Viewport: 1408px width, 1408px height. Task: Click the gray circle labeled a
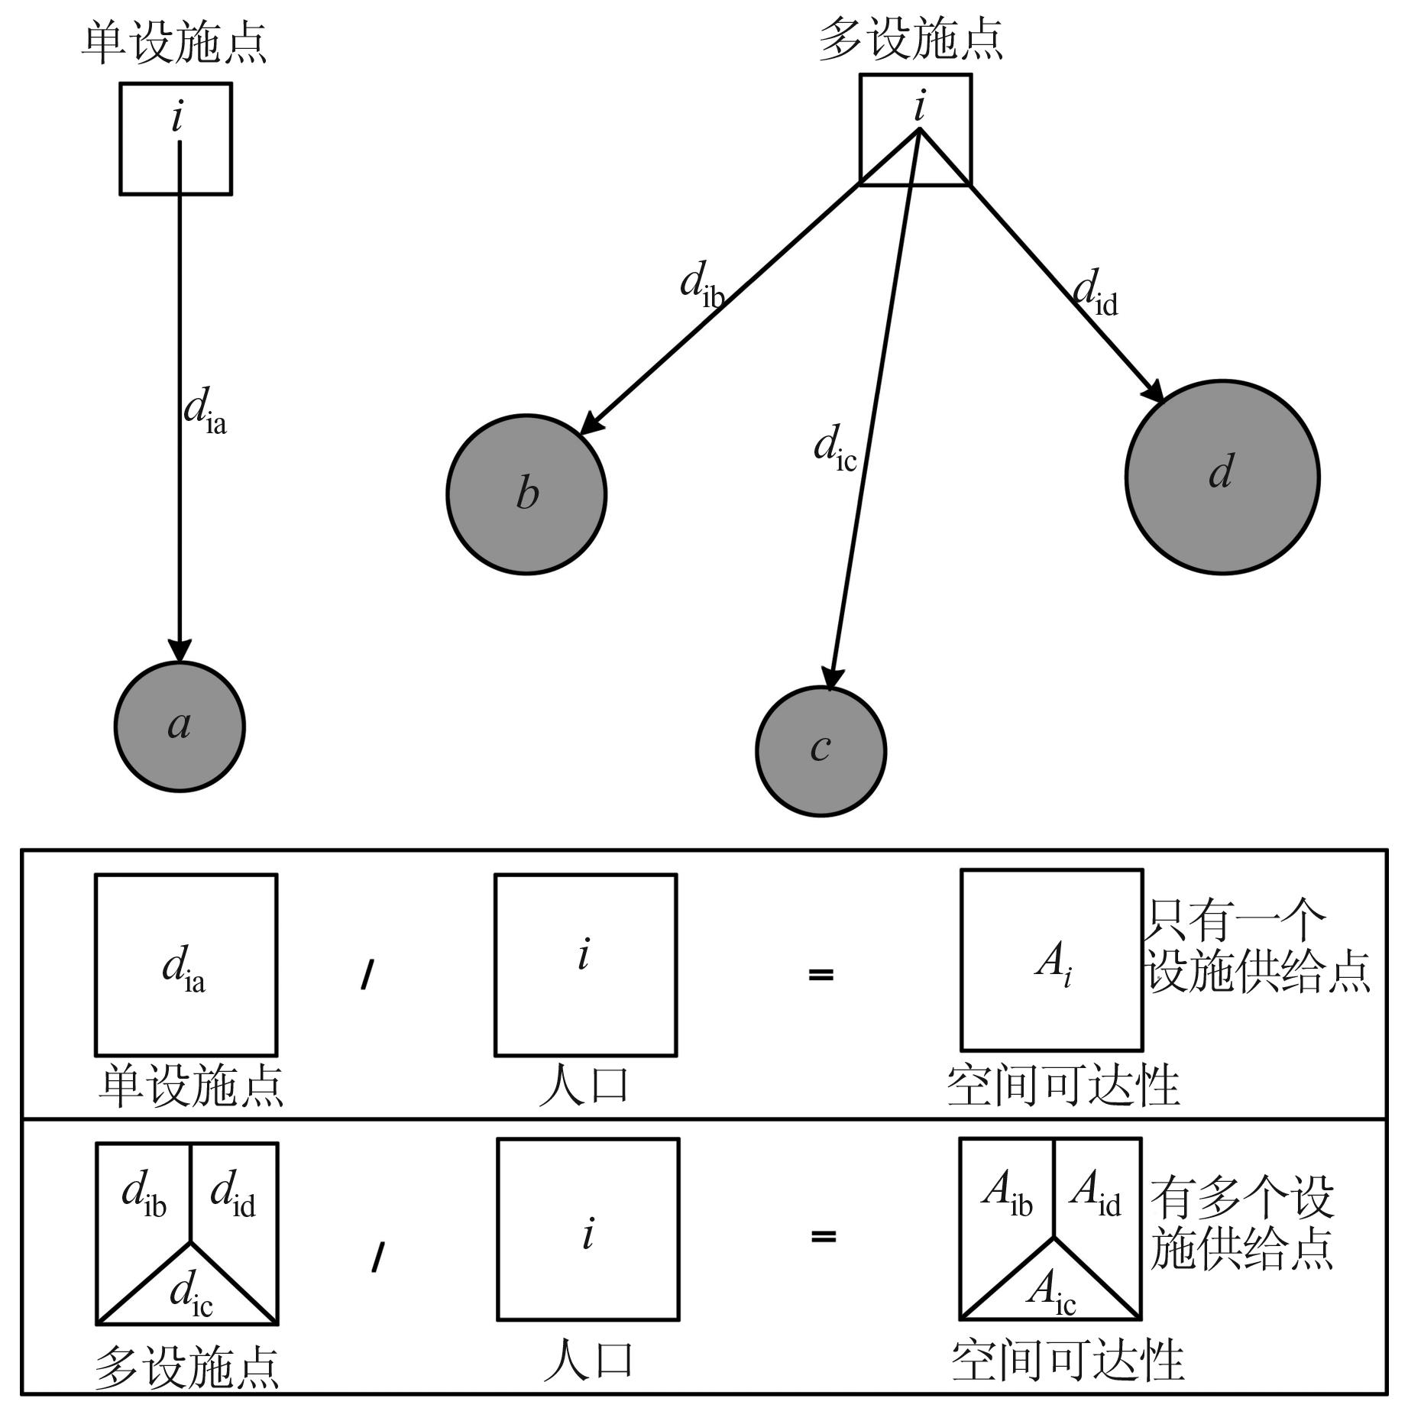pyautogui.click(x=180, y=727)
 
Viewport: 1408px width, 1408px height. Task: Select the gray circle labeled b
pyautogui.click(x=526, y=494)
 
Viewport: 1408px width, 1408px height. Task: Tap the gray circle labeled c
pyautogui.click(x=821, y=751)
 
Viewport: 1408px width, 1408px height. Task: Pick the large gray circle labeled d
pyautogui.click(x=1222, y=477)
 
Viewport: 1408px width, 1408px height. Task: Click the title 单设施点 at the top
pyautogui.click(x=175, y=43)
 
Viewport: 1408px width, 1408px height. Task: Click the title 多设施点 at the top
pyautogui.click(x=911, y=39)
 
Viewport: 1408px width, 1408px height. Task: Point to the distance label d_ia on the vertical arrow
pyautogui.click(x=204, y=410)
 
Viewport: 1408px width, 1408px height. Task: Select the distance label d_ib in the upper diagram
pyautogui.click(x=701, y=284)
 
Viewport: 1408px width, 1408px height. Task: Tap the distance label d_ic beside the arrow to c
pyautogui.click(x=834, y=448)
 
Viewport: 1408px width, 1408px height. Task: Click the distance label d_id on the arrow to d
pyautogui.click(x=1095, y=292)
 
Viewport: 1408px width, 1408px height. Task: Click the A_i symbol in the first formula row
pyautogui.click(x=1054, y=965)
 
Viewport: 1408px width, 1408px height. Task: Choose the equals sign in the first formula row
pyautogui.click(x=821, y=974)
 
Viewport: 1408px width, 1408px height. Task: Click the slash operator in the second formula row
pyautogui.click(x=377, y=1257)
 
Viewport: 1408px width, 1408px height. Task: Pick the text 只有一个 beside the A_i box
pyautogui.click(x=1235, y=920)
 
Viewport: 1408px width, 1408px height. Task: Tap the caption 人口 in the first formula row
pyautogui.click(x=584, y=1085)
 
